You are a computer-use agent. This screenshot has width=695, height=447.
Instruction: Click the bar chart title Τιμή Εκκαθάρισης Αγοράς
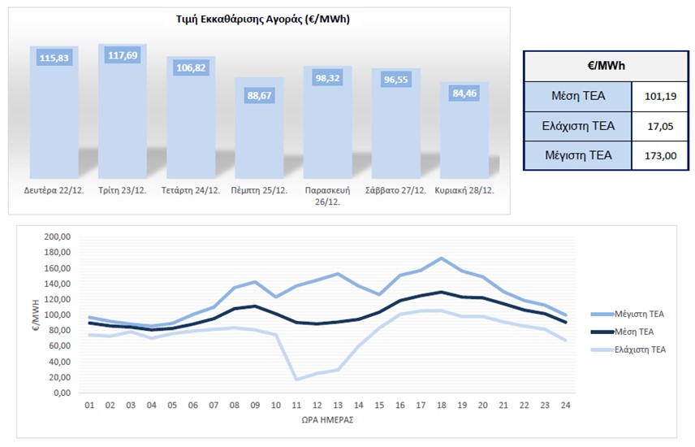pyautogui.click(x=259, y=19)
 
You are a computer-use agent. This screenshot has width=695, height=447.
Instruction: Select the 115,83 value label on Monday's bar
pyautogui.click(x=54, y=58)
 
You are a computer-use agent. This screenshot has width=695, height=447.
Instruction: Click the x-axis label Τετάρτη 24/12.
pyautogui.click(x=191, y=191)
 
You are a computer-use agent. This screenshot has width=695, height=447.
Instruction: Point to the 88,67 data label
pyautogui.click(x=259, y=95)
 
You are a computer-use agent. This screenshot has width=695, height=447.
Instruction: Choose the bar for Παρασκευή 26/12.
pyautogui.click(x=327, y=122)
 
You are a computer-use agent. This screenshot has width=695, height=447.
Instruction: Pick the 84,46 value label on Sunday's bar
pyautogui.click(x=464, y=92)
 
